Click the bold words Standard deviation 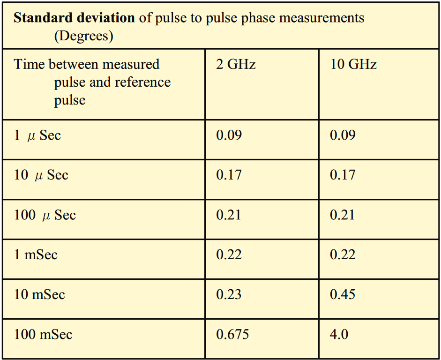(74, 18)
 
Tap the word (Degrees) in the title (83, 36)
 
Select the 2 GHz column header (236, 64)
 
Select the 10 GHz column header (353, 64)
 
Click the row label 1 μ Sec (37, 135)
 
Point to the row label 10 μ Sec (41, 175)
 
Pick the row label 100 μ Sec (45, 215)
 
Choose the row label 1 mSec (36, 255)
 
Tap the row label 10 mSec (39, 294)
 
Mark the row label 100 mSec (43, 334)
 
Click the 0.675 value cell (232, 334)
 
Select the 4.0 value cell (339, 334)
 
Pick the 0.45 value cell (343, 294)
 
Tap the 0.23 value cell (229, 294)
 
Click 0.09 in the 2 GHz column (229, 135)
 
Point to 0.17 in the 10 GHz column (343, 175)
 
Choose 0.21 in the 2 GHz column (229, 215)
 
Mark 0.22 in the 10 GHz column (343, 255)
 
